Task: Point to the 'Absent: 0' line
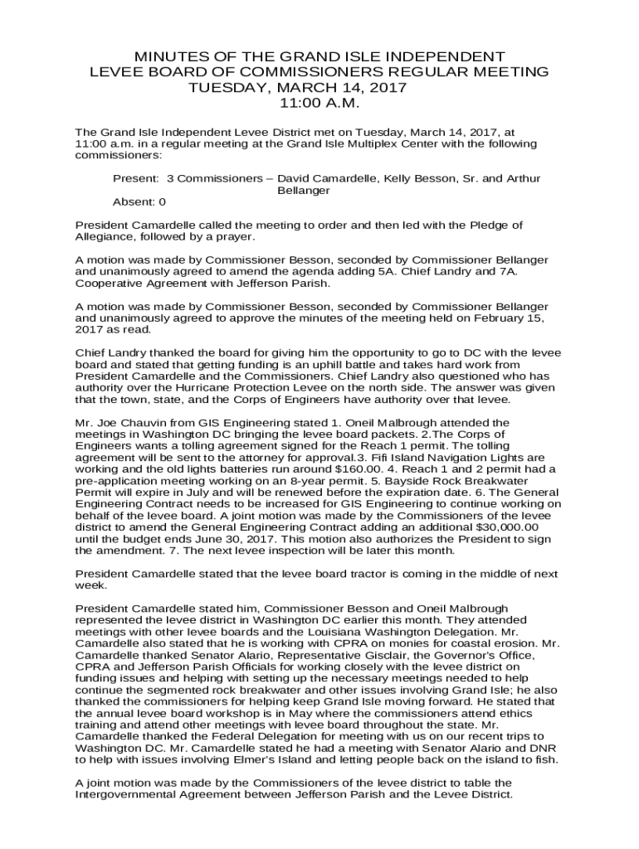coord(139,201)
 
